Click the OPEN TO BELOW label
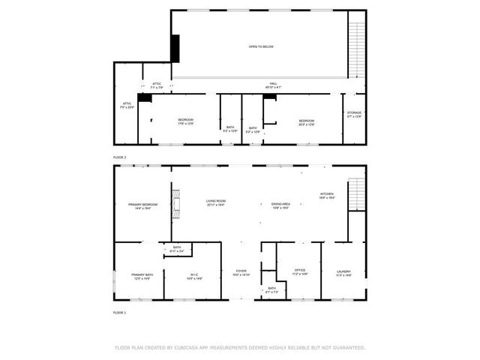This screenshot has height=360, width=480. click(x=261, y=46)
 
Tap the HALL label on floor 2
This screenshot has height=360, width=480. click(x=273, y=85)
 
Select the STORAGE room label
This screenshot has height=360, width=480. click(x=354, y=114)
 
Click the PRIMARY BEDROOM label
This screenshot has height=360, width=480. click(x=142, y=206)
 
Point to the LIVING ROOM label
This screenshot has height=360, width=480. click(x=216, y=202)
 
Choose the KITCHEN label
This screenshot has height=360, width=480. click(x=327, y=195)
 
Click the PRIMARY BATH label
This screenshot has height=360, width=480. click(x=142, y=275)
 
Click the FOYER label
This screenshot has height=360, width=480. click(x=241, y=272)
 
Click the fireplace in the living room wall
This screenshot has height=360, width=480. click(x=176, y=202)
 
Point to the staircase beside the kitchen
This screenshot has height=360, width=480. click(x=358, y=195)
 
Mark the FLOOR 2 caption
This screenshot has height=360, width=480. click(x=120, y=157)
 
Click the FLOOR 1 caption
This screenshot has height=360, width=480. click(x=120, y=312)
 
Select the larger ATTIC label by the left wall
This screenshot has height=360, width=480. click(x=126, y=105)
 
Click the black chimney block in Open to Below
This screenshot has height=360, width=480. click(x=175, y=48)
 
